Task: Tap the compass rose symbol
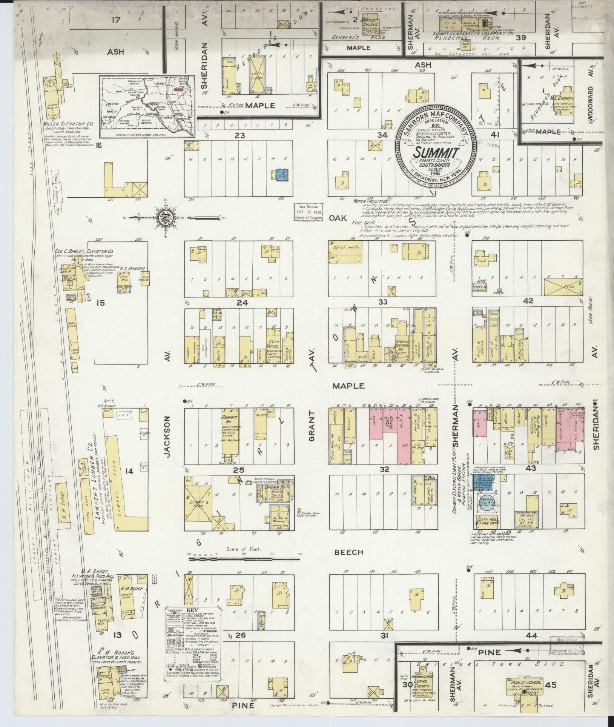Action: (x=166, y=218)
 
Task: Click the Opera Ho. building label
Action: (x=279, y=487)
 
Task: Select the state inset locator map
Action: (x=147, y=107)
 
